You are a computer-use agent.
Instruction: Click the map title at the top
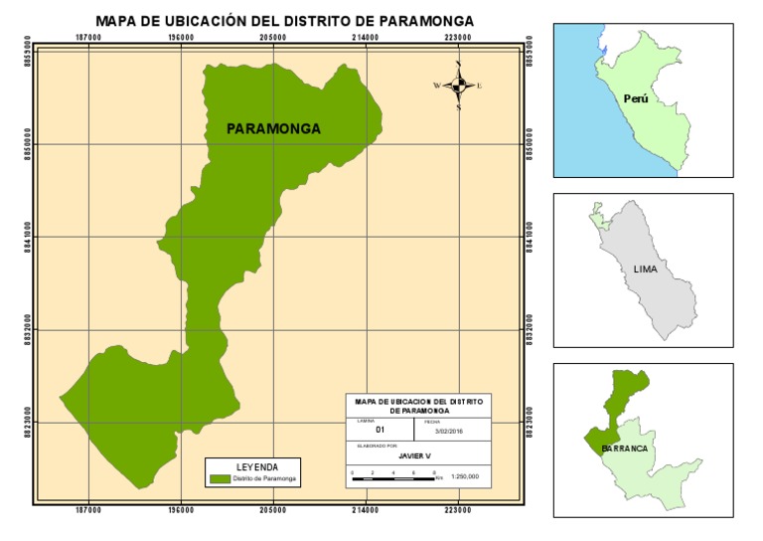click(284, 20)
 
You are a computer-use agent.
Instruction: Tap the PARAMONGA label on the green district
click(273, 128)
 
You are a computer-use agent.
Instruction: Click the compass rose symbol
click(458, 86)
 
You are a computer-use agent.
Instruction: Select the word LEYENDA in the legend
click(256, 465)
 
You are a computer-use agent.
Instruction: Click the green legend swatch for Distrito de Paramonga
click(220, 478)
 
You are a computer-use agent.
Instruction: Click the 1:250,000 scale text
click(465, 476)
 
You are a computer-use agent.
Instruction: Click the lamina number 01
click(380, 430)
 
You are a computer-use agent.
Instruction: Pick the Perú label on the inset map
click(636, 99)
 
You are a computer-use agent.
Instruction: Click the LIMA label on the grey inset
click(646, 270)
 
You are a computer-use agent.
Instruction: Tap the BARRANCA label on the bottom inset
click(625, 449)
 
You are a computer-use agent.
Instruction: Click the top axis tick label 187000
click(88, 37)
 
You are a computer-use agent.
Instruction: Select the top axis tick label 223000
click(458, 37)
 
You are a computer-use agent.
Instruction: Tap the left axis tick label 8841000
click(28, 237)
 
